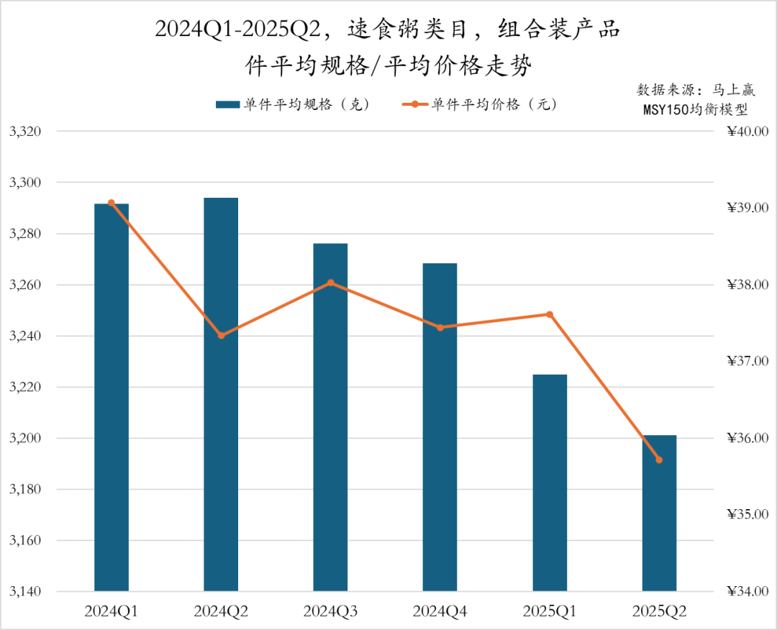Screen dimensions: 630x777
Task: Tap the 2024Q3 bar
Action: point(330,417)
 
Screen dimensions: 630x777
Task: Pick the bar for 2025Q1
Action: point(550,483)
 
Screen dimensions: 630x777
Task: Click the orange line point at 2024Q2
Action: point(222,336)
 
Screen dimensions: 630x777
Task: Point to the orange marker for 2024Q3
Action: point(331,283)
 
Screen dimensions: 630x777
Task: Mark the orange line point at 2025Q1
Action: point(550,314)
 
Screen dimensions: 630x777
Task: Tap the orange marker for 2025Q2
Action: point(659,460)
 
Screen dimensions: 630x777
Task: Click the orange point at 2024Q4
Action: point(440,327)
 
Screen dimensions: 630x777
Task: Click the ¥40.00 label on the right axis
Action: point(748,132)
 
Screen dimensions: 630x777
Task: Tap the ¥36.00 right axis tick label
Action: point(748,438)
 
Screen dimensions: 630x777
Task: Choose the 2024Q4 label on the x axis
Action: point(440,612)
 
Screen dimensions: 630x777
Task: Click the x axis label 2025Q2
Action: point(659,612)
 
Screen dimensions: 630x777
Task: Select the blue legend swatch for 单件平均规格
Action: point(227,105)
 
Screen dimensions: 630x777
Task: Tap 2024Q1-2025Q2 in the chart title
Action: point(237,30)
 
